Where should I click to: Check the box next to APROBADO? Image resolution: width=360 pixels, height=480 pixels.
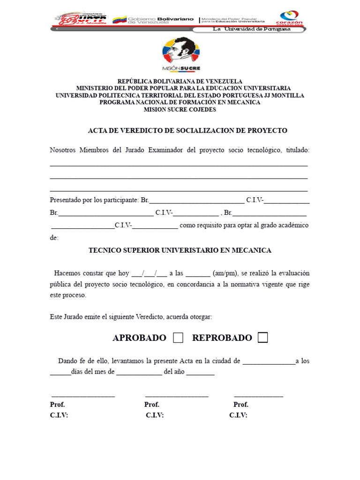point(178,338)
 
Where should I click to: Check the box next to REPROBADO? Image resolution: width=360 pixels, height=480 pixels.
point(263,338)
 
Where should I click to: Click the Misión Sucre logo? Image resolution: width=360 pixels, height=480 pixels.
point(180,54)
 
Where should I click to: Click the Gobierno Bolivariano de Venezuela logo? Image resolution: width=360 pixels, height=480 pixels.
point(154,20)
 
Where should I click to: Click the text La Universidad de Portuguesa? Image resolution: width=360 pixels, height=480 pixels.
point(252,29)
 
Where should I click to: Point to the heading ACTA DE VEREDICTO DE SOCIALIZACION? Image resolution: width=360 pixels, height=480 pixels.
point(187,130)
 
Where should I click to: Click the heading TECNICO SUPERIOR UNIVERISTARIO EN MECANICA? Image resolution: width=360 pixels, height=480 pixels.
point(180,250)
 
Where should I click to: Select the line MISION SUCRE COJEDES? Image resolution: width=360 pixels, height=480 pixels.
point(180,109)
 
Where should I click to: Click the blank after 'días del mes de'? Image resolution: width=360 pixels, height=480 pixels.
point(139,373)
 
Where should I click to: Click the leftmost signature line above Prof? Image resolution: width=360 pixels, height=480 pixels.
point(83,396)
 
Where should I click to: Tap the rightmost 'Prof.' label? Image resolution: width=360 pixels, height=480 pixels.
point(241,405)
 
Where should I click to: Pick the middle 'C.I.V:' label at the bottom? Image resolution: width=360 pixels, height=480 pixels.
point(155,415)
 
